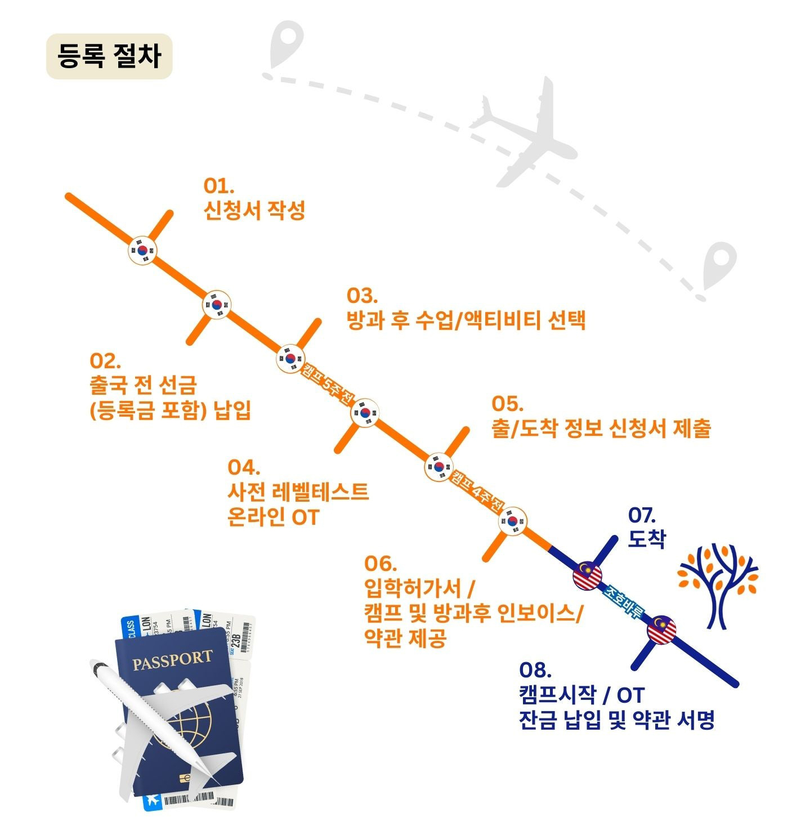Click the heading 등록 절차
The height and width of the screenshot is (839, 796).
click(109, 56)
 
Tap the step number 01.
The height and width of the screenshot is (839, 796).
click(218, 186)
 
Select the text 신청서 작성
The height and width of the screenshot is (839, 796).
click(254, 211)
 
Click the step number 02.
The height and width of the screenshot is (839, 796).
click(105, 360)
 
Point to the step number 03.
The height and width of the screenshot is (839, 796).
click(362, 296)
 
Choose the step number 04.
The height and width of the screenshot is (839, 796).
click(244, 467)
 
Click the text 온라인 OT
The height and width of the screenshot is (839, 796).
click(273, 517)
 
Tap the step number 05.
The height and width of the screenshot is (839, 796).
click(507, 404)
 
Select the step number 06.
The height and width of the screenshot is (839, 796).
click(381, 563)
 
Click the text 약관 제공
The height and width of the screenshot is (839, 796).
click(405, 638)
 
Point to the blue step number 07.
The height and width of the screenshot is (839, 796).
click(642, 515)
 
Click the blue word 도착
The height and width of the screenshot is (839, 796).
click(647, 539)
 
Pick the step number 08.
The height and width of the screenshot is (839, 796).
click(535, 670)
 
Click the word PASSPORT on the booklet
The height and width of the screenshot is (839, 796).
click(172, 660)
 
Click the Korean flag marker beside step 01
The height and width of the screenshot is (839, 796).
click(143, 251)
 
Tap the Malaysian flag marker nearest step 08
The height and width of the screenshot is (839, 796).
click(661, 630)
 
